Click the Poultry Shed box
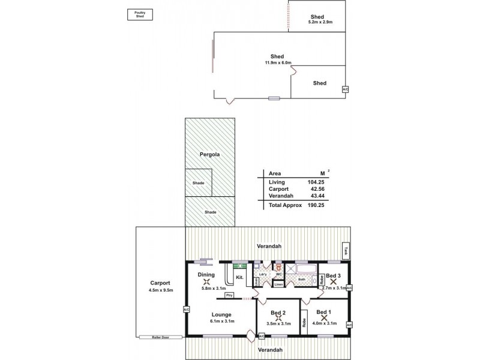[x=140, y=14]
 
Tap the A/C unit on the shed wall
[x=344, y=89]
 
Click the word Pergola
[x=209, y=154]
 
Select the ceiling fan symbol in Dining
[x=206, y=281]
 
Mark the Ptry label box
[x=229, y=295]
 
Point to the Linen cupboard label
[x=278, y=284]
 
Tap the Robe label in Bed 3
[x=322, y=280]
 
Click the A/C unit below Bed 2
[x=262, y=336]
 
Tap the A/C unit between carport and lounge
[x=186, y=309]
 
